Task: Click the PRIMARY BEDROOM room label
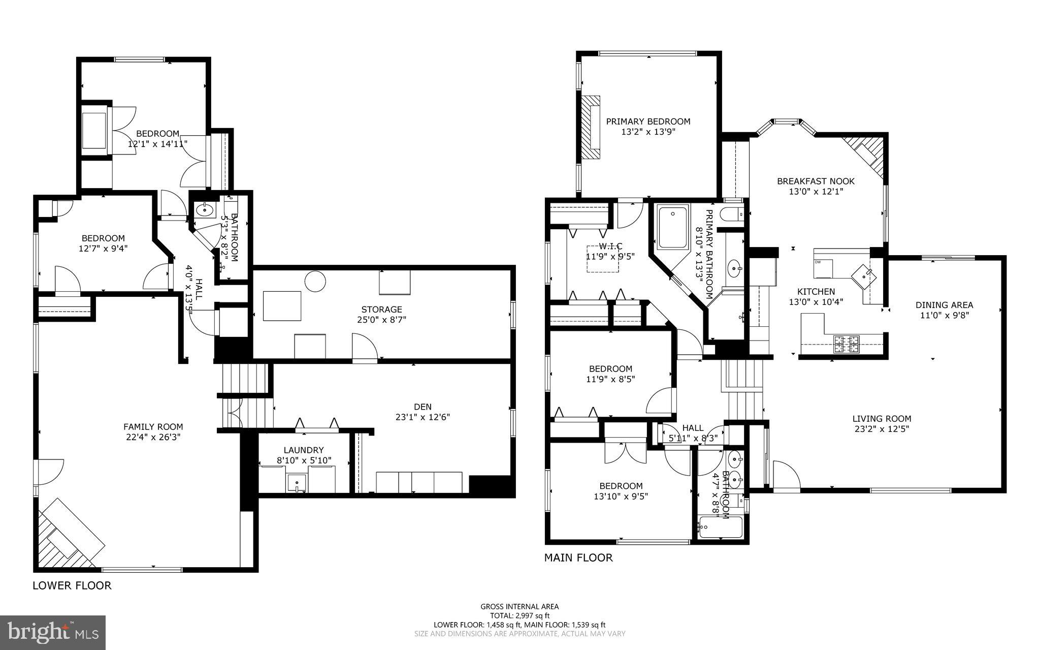coord(648,121)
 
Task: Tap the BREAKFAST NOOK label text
coord(816,181)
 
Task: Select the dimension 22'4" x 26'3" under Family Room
coord(153,437)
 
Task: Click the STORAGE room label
coord(381,309)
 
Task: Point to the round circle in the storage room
coord(315,281)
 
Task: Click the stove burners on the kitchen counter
coord(846,345)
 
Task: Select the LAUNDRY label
coord(304,450)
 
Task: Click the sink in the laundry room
coord(297,482)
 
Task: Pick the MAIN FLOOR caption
coord(578,558)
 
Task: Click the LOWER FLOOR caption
coord(72,585)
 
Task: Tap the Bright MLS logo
coord(53,632)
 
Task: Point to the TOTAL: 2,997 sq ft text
coord(519,615)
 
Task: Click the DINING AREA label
coord(944,305)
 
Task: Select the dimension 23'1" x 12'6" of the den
coord(422,417)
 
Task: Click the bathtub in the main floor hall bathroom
coord(720,528)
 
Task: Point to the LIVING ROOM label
coord(882,419)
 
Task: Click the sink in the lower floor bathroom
coord(204,209)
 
